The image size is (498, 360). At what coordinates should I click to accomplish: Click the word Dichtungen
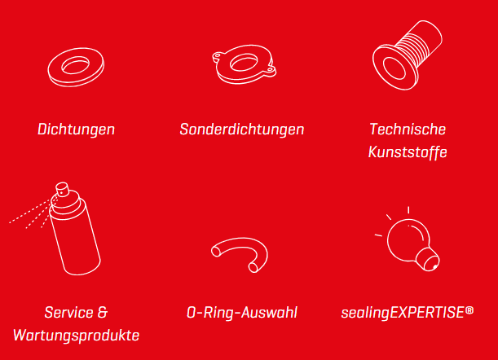(x=77, y=130)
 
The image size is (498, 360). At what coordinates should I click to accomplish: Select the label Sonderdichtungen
(x=242, y=130)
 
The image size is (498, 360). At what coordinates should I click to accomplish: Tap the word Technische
(x=408, y=129)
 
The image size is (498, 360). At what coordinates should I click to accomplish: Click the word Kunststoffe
(x=408, y=151)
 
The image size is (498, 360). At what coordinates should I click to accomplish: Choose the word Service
(x=69, y=313)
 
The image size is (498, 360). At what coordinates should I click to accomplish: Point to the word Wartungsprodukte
(x=77, y=336)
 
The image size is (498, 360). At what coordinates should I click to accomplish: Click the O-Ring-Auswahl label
(x=242, y=313)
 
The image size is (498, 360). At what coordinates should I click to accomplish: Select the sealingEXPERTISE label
(x=403, y=313)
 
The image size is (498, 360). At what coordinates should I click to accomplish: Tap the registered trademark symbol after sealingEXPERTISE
(x=469, y=310)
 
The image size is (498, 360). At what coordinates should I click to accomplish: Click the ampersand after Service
(x=103, y=313)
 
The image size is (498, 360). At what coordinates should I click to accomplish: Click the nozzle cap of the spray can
(x=62, y=189)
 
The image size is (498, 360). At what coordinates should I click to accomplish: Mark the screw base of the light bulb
(x=429, y=259)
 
